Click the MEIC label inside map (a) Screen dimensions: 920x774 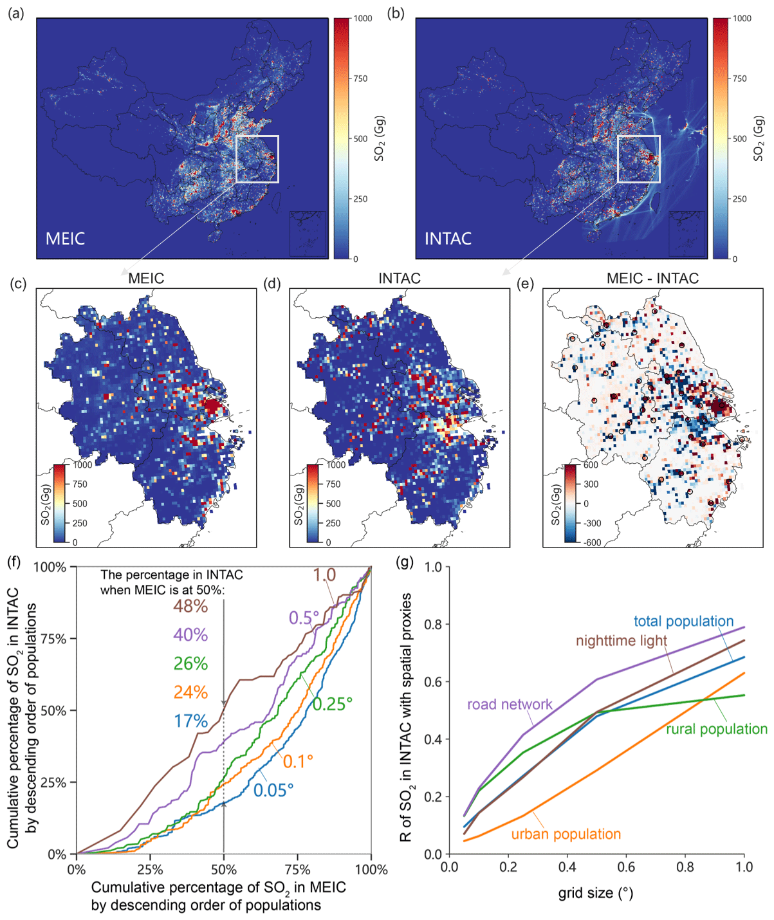click(x=65, y=239)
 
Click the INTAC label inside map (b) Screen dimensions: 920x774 click(x=448, y=239)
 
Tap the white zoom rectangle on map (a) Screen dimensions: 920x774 click(x=257, y=136)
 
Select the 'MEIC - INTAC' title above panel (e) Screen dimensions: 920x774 click(x=652, y=278)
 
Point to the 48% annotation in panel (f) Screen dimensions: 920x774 click(x=190, y=606)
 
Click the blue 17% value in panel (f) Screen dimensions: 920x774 click(x=190, y=721)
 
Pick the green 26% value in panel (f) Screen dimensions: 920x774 click(x=190, y=663)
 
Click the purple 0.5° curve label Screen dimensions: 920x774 click(x=304, y=618)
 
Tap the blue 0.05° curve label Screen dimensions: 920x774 click(x=273, y=790)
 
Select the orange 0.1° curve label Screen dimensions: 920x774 click(x=298, y=761)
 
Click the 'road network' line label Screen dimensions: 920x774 click(x=510, y=704)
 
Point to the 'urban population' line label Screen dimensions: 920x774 click(x=566, y=834)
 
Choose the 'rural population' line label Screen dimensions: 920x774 click(x=716, y=729)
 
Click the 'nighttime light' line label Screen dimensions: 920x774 click(x=621, y=641)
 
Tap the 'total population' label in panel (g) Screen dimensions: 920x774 click(x=683, y=621)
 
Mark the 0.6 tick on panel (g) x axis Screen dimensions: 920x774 click(x=626, y=867)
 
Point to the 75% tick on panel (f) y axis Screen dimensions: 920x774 click(x=54, y=639)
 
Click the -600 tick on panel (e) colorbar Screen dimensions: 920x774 click(x=592, y=542)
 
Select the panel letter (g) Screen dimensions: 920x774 click(x=406, y=562)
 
